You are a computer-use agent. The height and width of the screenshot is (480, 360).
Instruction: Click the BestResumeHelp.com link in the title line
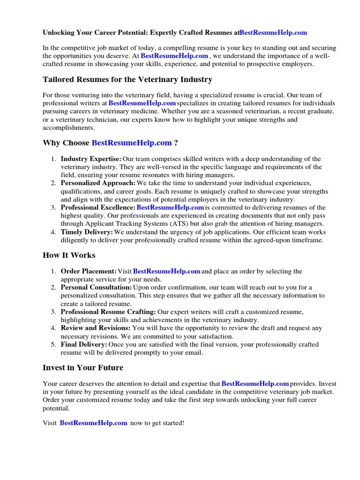tap(273, 33)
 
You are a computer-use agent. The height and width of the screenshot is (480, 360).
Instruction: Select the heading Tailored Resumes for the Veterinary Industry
tap(127, 79)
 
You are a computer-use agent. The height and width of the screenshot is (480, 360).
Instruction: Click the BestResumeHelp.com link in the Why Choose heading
tap(132, 142)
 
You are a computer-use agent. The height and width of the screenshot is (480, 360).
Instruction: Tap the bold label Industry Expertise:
tap(91, 159)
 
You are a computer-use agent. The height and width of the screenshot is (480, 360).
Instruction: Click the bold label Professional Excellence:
tap(98, 207)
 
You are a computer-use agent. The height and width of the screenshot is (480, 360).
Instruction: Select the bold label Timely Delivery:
tap(87, 232)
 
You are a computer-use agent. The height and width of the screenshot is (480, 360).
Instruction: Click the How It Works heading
tap(69, 255)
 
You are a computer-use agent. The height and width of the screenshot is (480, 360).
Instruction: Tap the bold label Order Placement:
tap(89, 271)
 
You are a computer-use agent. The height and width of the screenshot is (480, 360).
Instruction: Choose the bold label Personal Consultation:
tap(96, 287)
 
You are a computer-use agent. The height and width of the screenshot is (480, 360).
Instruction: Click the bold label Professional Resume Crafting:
tap(108, 312)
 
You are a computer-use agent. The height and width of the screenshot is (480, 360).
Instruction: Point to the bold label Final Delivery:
tap(84, 345)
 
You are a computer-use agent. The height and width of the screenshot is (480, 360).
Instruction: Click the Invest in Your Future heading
tap(83, 367)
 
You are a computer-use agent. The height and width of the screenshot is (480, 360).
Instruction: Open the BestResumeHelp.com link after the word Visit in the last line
tap(94, 422)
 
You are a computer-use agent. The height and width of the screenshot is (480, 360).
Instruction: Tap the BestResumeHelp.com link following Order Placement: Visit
tap(167, 271)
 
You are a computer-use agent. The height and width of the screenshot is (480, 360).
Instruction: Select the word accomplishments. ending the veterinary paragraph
tap(68, 127)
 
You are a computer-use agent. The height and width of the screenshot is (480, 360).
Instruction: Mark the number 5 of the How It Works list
tap(53, 345)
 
